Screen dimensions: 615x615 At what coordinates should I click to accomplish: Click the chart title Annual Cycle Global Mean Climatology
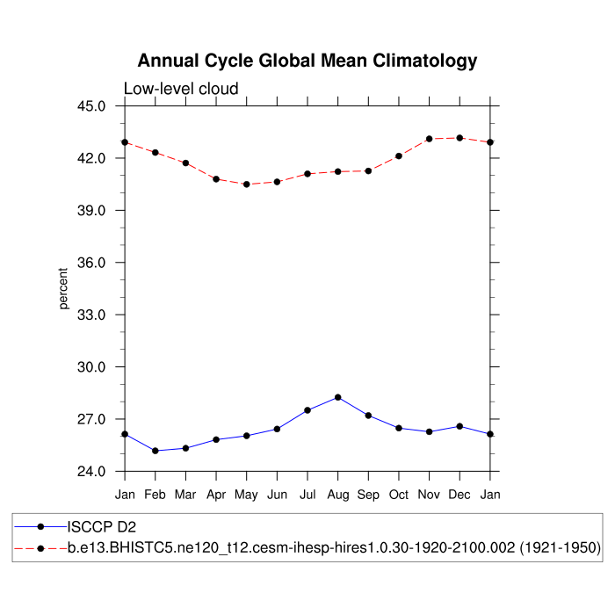click(x=307, y=61)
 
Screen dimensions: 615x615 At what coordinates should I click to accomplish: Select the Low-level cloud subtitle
click(x=181, y=89)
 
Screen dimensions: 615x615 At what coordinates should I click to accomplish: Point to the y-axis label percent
click(x=63, y=289)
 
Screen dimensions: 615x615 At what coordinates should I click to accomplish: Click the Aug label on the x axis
click(x=338, y=495)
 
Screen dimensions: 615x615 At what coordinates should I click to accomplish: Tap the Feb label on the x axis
click(x=156, y=495)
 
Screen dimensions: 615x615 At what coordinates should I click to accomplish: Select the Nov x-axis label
click(x=430, y=495)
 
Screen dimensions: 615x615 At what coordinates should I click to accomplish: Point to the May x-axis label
click(x=247, y=495)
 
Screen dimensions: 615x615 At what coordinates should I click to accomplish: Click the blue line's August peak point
click(x=338, y=397)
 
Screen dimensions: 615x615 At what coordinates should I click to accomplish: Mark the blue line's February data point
click(x=156, y=451)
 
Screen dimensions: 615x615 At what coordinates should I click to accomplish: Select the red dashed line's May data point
click(x=247, y=184)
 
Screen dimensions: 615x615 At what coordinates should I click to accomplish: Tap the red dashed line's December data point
click(x=459, y=138)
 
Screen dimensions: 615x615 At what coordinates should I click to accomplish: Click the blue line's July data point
click(x=307, y=410)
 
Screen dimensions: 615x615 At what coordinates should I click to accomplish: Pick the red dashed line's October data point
click(x=399, y=156)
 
